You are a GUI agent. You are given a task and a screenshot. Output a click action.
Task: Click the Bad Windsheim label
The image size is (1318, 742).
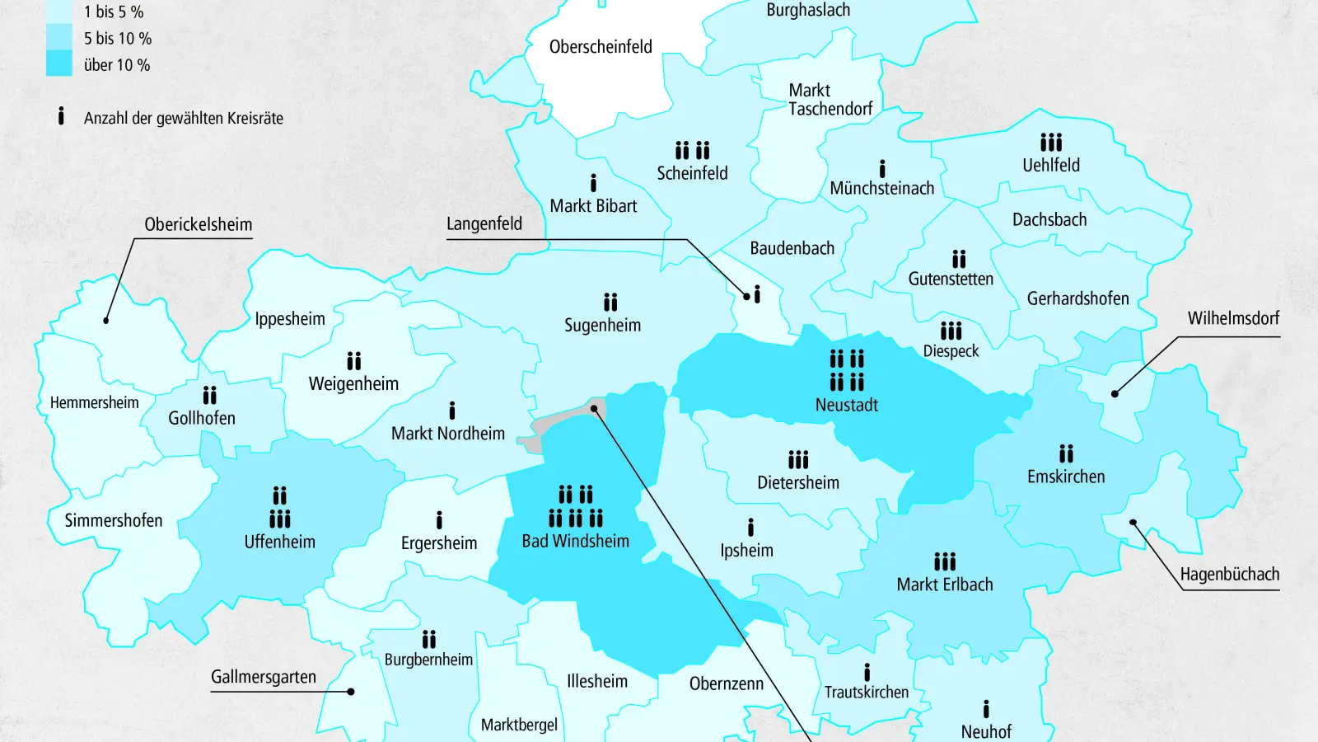point(575,541)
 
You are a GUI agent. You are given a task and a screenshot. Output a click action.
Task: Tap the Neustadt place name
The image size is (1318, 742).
point(846,405)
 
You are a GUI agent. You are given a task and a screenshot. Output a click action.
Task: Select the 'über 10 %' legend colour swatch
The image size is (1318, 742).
point(59,63)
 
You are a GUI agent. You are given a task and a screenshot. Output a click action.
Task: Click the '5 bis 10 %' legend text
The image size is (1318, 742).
point(117,39)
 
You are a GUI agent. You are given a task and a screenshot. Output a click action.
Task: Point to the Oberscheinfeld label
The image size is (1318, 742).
point(601,47)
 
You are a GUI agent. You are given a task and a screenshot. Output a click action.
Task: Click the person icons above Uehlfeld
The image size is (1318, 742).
point(1050,143)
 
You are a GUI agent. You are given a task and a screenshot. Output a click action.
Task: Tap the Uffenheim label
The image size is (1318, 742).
point(279,542)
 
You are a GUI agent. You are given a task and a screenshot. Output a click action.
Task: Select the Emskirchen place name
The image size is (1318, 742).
point(1065,477)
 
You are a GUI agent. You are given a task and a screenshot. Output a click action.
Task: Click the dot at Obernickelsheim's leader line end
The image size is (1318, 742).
point(106,320)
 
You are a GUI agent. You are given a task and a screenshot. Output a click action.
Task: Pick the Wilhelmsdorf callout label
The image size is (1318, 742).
point(1233,318)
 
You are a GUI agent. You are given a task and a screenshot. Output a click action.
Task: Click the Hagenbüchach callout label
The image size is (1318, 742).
point(1229,574)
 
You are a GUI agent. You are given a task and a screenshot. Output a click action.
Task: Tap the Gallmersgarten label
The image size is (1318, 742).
point(264,677)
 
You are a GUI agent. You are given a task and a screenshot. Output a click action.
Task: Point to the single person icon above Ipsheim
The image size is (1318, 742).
point(750,528)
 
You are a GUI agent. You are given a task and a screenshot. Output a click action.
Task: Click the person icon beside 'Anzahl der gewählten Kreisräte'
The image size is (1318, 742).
point(61,116)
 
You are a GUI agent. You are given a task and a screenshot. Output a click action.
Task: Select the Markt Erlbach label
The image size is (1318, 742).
point(944,585)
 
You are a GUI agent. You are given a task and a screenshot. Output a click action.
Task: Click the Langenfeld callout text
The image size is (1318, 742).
point(484,223)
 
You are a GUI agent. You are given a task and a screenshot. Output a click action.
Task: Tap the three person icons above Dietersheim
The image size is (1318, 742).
point(797,459)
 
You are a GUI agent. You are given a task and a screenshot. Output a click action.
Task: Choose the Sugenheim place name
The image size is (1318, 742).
point(602,325)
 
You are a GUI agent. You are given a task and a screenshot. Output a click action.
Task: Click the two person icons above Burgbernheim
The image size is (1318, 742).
point(428,640)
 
